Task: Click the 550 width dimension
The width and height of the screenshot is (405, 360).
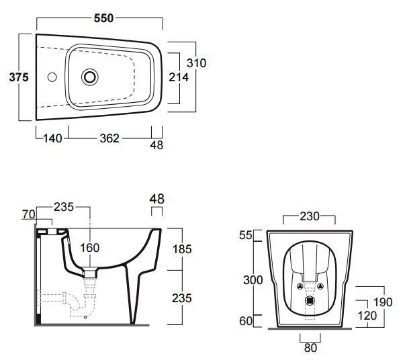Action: point(104,18)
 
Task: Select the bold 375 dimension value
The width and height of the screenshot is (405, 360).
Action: point(19,77)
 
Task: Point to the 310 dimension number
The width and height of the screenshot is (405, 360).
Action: point(197,63)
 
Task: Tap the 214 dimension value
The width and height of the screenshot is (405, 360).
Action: point(179,77)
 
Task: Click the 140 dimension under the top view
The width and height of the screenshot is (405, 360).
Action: point(52,138)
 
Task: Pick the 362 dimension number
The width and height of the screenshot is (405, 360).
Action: point(109,138)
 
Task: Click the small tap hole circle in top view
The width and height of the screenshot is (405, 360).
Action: point(52,77)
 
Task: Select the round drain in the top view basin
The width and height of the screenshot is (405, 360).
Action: point(90,77)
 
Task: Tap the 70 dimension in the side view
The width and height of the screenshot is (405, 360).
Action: point(28,214)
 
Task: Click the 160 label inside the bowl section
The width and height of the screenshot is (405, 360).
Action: point(89,248)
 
